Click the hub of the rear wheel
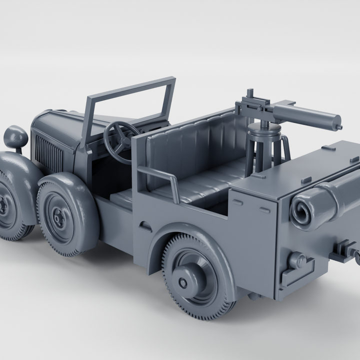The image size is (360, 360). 183,283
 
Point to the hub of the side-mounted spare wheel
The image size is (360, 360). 59,216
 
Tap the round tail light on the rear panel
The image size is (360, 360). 296,260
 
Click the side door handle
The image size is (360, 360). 145,225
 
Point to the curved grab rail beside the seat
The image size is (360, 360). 160,177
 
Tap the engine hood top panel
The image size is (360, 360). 60,125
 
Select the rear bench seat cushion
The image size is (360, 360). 200,185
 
